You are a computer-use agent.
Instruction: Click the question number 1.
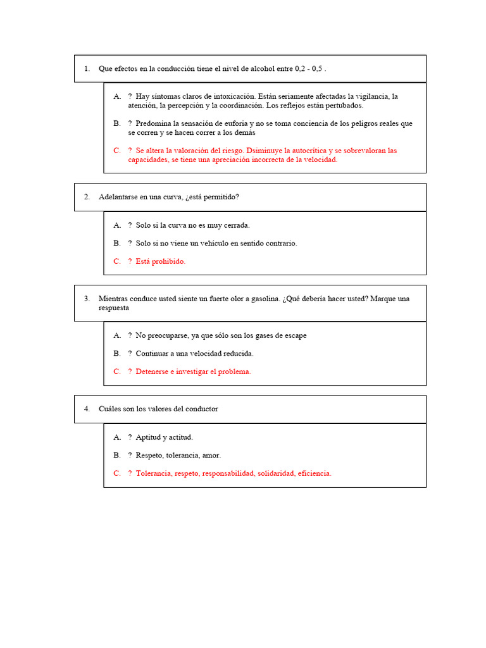(87, 68)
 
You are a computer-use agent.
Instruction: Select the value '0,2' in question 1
(300, 68)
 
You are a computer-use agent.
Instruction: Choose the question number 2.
(87, 197)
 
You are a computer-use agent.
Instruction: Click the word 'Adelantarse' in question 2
(118, 197)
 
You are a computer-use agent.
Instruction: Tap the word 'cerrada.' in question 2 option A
(237, 225)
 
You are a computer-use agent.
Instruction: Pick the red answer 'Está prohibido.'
(161, 261)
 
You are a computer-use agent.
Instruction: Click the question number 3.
(87, 299)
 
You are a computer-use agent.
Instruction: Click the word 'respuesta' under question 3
(114, 308)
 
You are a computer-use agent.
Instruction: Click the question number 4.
(87, 409)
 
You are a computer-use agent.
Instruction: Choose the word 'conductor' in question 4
(199, 409)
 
